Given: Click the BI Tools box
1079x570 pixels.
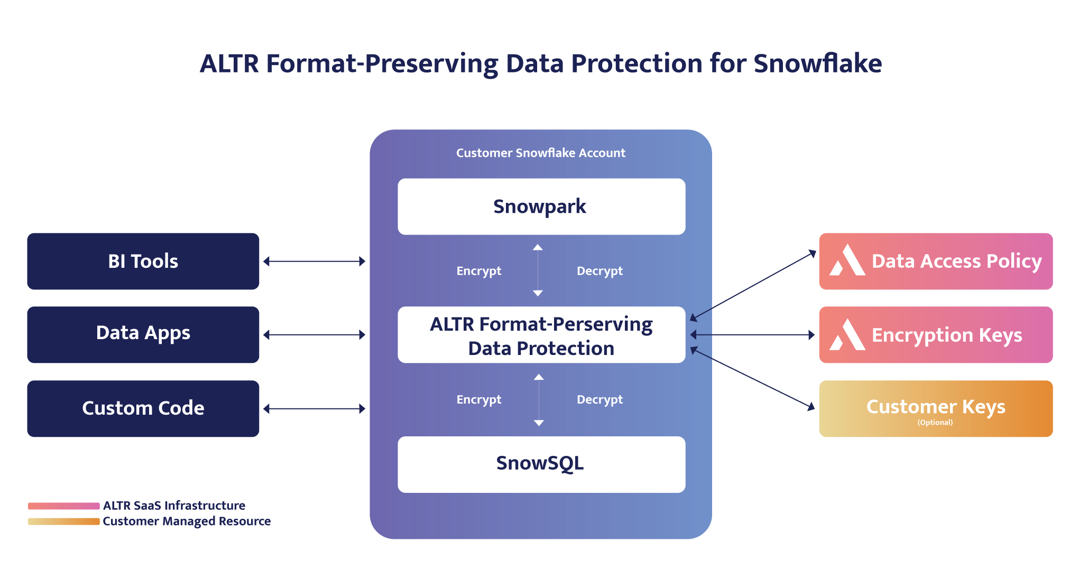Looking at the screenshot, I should click(x=143, y=261).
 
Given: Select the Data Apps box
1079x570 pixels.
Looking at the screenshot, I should click(x=143, y=334).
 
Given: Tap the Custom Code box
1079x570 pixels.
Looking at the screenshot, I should click(x=143, y=408).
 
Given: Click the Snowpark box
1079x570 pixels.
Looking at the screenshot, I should click(x=541, y=207).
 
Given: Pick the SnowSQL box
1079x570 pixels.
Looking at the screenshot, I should click(x=541, y=464).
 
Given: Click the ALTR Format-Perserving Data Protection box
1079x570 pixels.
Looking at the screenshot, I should click(x=541, y=335).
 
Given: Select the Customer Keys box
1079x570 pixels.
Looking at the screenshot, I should click(x=935, y=408).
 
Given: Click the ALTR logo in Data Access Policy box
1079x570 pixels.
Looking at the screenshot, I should click(x=847, y=260).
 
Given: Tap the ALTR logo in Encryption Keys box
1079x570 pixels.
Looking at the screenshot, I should click(x=847, y=335).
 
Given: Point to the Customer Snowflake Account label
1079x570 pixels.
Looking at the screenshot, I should click(x=540, y=153).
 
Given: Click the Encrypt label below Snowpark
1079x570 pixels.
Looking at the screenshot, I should click(x=478, y=271).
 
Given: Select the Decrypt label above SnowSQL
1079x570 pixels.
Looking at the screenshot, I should click(x=600, y=400).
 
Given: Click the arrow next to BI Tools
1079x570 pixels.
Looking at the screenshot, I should click(x=315, y=261).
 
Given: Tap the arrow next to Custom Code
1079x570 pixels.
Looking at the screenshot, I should click(x=315, y=408).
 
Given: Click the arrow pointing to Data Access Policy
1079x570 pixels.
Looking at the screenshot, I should click(x=753, y=285).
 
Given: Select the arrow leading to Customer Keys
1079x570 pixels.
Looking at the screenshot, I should click(x=753, y=378).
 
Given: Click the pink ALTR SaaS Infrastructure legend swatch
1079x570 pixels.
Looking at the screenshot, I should click(x=63, y=506).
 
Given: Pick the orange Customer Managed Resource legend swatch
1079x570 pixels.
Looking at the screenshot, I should click(x=63, y=521).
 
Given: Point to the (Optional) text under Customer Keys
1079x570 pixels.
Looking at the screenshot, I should click(x=935, y=422).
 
